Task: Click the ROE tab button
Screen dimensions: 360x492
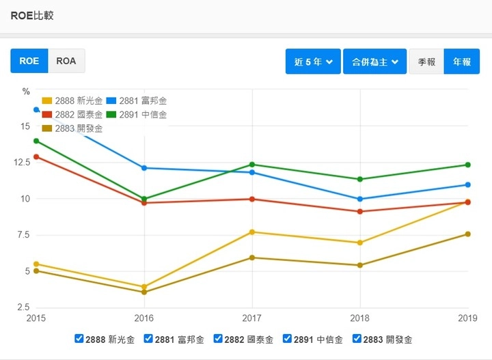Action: [x=29, y=61]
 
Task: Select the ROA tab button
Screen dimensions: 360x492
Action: [x=66, y=61]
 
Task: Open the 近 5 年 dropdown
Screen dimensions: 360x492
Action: [x=313, y=61]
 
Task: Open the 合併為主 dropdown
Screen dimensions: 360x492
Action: [x=375, y=61]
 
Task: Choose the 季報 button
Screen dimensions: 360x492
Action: [x=426, y=61]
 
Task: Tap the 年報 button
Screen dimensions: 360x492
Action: [x=461, y=61]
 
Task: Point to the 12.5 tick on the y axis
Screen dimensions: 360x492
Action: [x=22, y=163]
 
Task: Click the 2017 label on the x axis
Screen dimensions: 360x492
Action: [x=252, y=318]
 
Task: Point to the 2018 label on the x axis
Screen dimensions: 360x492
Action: [x=360, y=318]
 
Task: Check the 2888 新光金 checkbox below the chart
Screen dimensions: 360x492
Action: [x=79, y=338]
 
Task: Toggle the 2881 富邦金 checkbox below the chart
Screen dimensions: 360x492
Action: [x=149, y=338]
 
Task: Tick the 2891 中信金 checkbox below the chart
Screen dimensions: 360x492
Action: [x=288, y=338]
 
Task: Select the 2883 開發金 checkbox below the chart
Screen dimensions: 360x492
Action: [x=357, y=338]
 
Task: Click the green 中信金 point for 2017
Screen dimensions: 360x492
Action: [x=252, y=165]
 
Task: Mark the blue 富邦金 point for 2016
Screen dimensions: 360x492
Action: [x=144, y=168]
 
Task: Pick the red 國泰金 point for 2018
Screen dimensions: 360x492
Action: [x=360, y=211]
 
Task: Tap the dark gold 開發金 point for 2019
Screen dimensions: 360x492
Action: [x=468, y=234]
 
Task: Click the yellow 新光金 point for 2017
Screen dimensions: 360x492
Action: [x=252, y=232]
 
